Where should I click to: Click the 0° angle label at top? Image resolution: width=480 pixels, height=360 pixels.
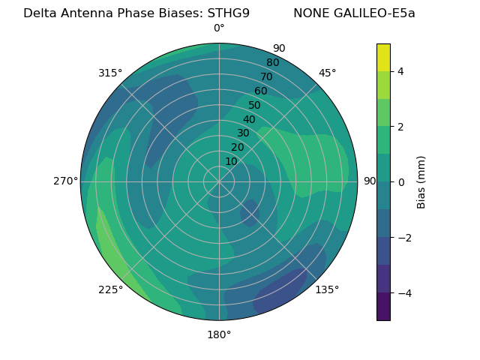pos(219,28)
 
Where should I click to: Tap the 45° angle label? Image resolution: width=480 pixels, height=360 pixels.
pos(328,73)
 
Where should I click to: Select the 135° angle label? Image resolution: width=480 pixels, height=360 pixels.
pos(327,289)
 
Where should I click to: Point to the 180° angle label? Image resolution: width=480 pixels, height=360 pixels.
pos(219,334)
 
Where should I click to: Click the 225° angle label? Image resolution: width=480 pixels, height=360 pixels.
pos(110,289)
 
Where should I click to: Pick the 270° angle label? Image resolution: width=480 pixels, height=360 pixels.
pos(66,181)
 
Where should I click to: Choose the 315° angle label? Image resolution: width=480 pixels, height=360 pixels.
pos(110,73)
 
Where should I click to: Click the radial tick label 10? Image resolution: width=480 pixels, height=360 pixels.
pos(231,161)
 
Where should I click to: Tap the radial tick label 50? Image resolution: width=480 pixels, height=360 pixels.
pos(254,105)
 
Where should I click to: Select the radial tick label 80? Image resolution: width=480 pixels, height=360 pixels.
pos(273,62)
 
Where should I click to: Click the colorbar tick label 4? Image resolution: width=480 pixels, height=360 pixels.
pos(401,71)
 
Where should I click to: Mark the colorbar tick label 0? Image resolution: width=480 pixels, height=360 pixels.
pos(401,182)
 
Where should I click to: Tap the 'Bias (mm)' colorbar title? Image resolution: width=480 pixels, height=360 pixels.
pos(421,182)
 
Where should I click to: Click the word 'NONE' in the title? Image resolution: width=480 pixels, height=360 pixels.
pos(309,13)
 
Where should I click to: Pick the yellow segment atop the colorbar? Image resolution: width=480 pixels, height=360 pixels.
pos(383,57)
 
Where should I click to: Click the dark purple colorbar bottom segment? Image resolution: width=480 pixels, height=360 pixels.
pos(383,307)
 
